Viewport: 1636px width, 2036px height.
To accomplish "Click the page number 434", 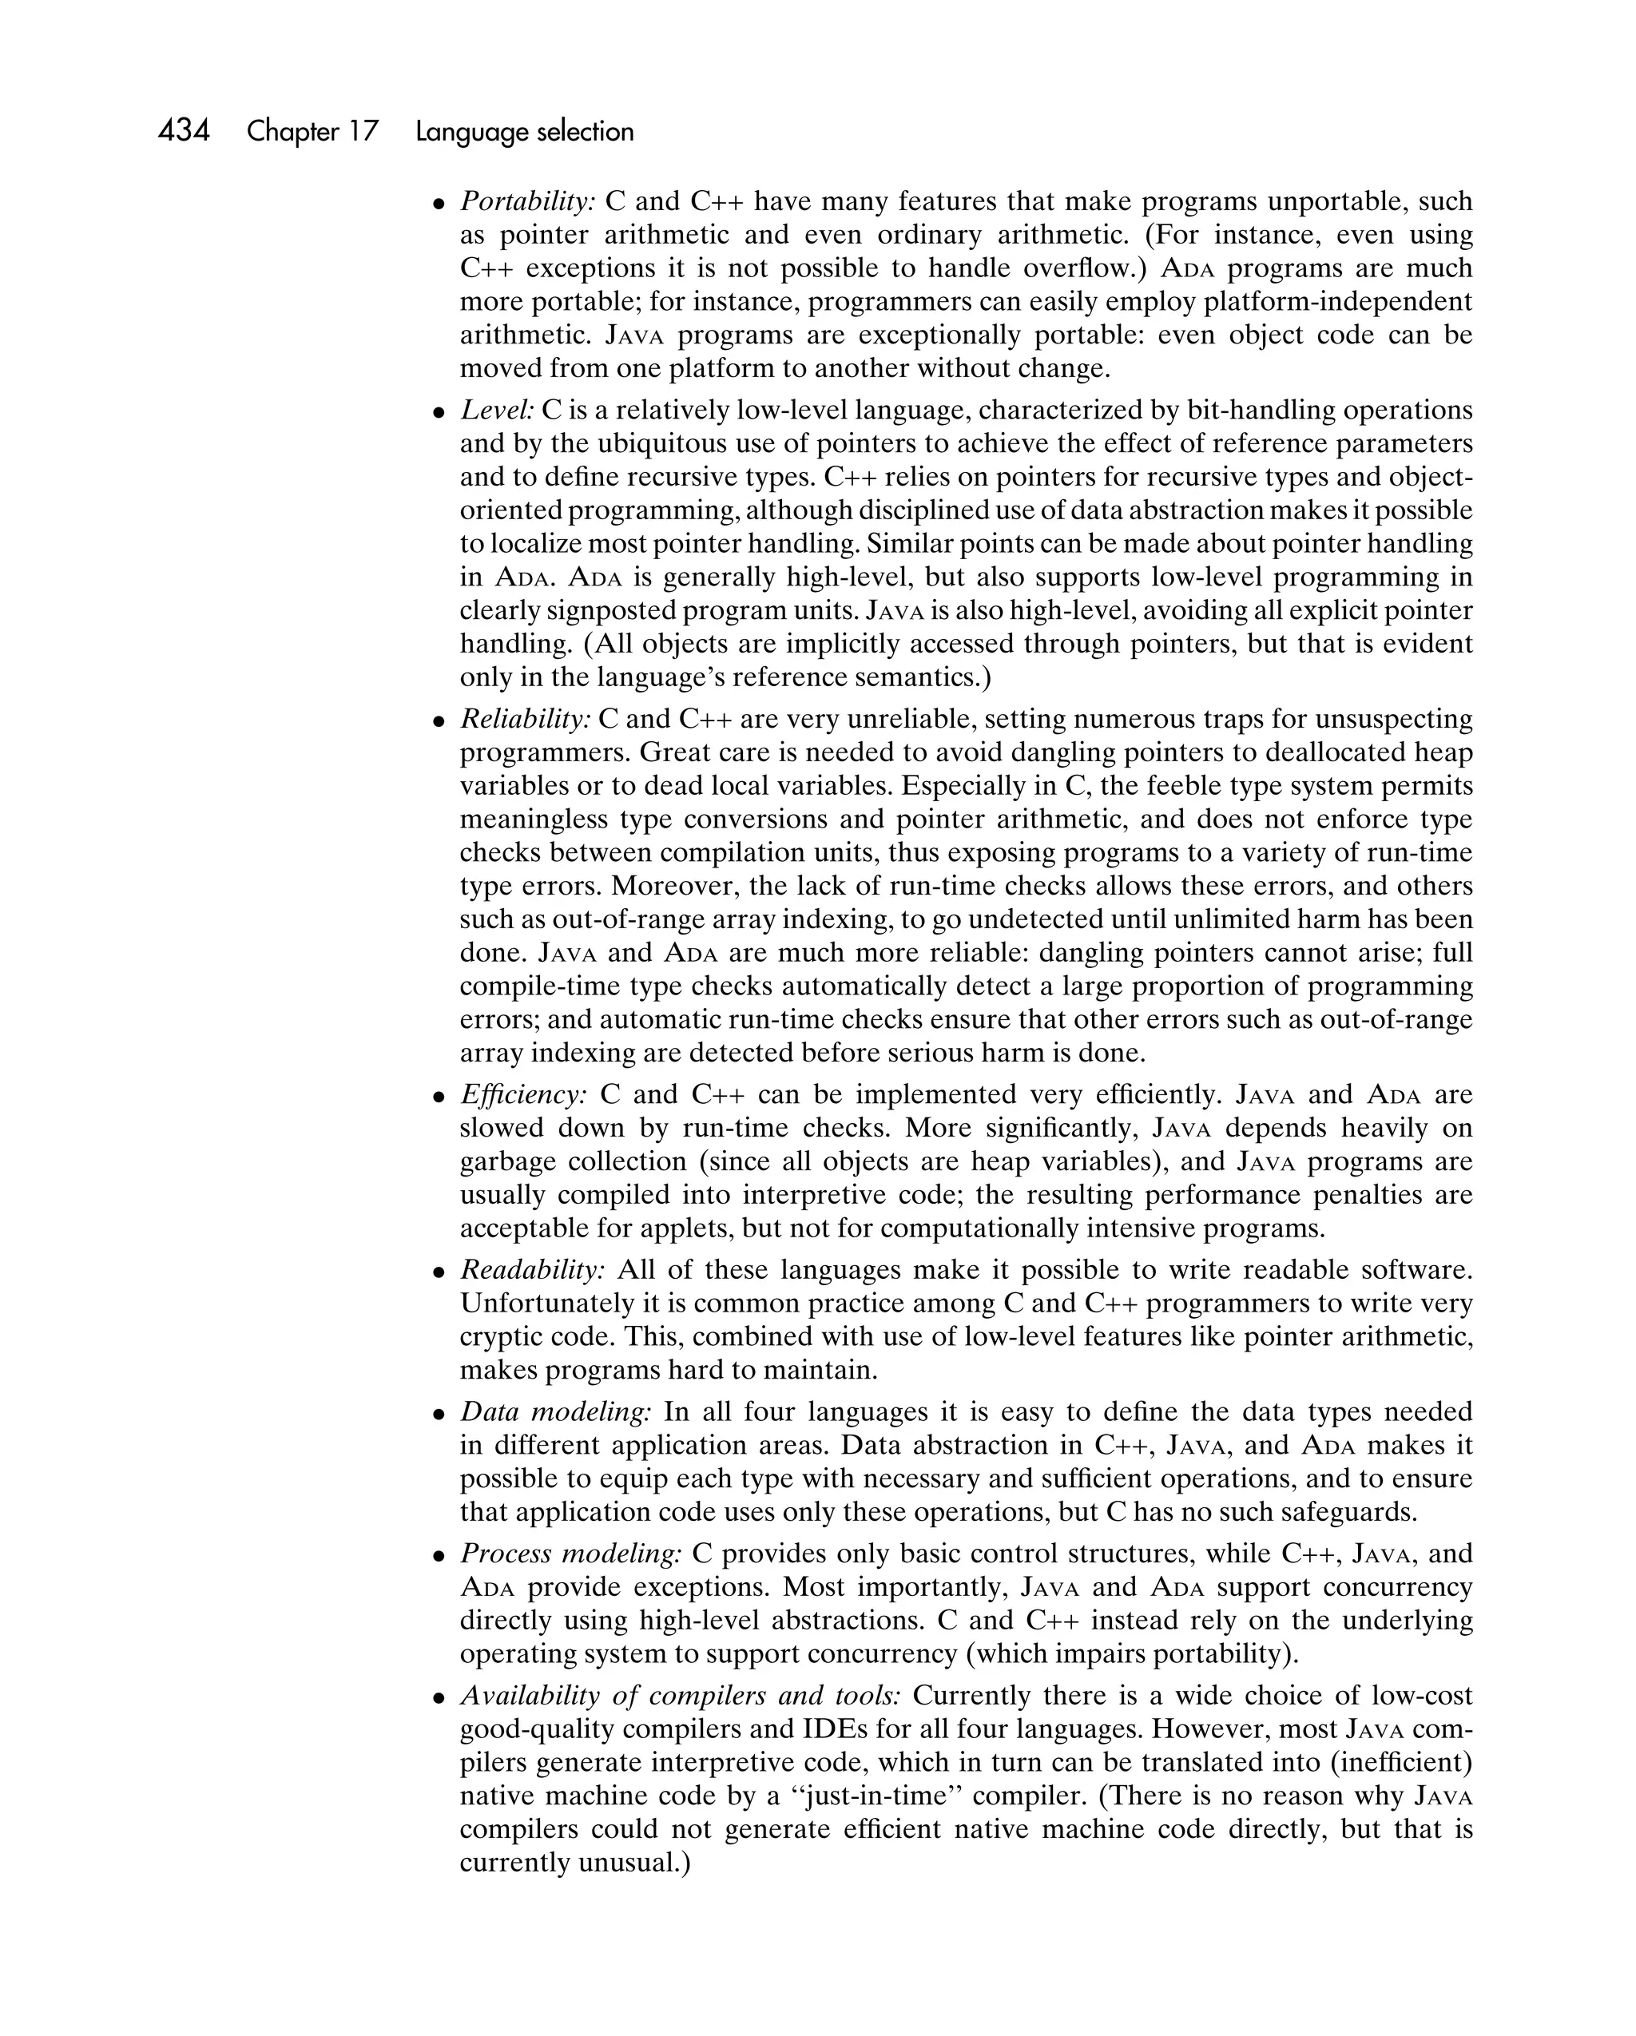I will pyautogui.click(x=185, y=130).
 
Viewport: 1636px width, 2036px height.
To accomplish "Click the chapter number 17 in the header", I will pyautogui.click(x=361, y=131).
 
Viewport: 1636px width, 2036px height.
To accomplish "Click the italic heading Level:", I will pyautogui.click(x=497, y=410).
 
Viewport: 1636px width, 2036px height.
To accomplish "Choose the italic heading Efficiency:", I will pyautogui.click(x=523, y=1093).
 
